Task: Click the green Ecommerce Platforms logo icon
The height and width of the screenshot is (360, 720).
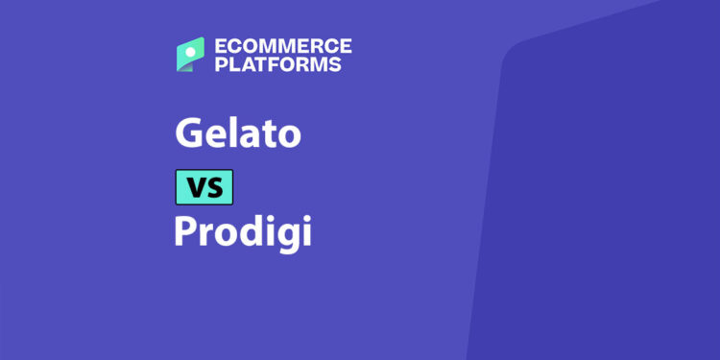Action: (x=190, y=55)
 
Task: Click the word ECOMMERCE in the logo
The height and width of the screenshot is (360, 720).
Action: (x=282, y=46)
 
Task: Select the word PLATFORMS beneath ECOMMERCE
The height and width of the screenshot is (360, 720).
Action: (x=278, y=65)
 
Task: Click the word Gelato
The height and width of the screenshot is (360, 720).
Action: (x=237, y=132)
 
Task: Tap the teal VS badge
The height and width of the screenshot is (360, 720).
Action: (x=204, y=186)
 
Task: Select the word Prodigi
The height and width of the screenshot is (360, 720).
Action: (x=243, y=233)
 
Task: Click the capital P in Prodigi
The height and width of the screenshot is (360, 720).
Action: (x=185, y=232)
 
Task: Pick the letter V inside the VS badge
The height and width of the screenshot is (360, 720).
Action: (x=194, y=187)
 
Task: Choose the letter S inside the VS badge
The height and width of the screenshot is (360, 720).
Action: (x=215, y=187)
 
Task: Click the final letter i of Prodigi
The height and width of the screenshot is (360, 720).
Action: (x=306, y=231)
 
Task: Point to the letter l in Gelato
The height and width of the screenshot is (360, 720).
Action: (x=228, y=131)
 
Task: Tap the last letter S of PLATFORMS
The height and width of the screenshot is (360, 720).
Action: (x=335, y=65)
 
